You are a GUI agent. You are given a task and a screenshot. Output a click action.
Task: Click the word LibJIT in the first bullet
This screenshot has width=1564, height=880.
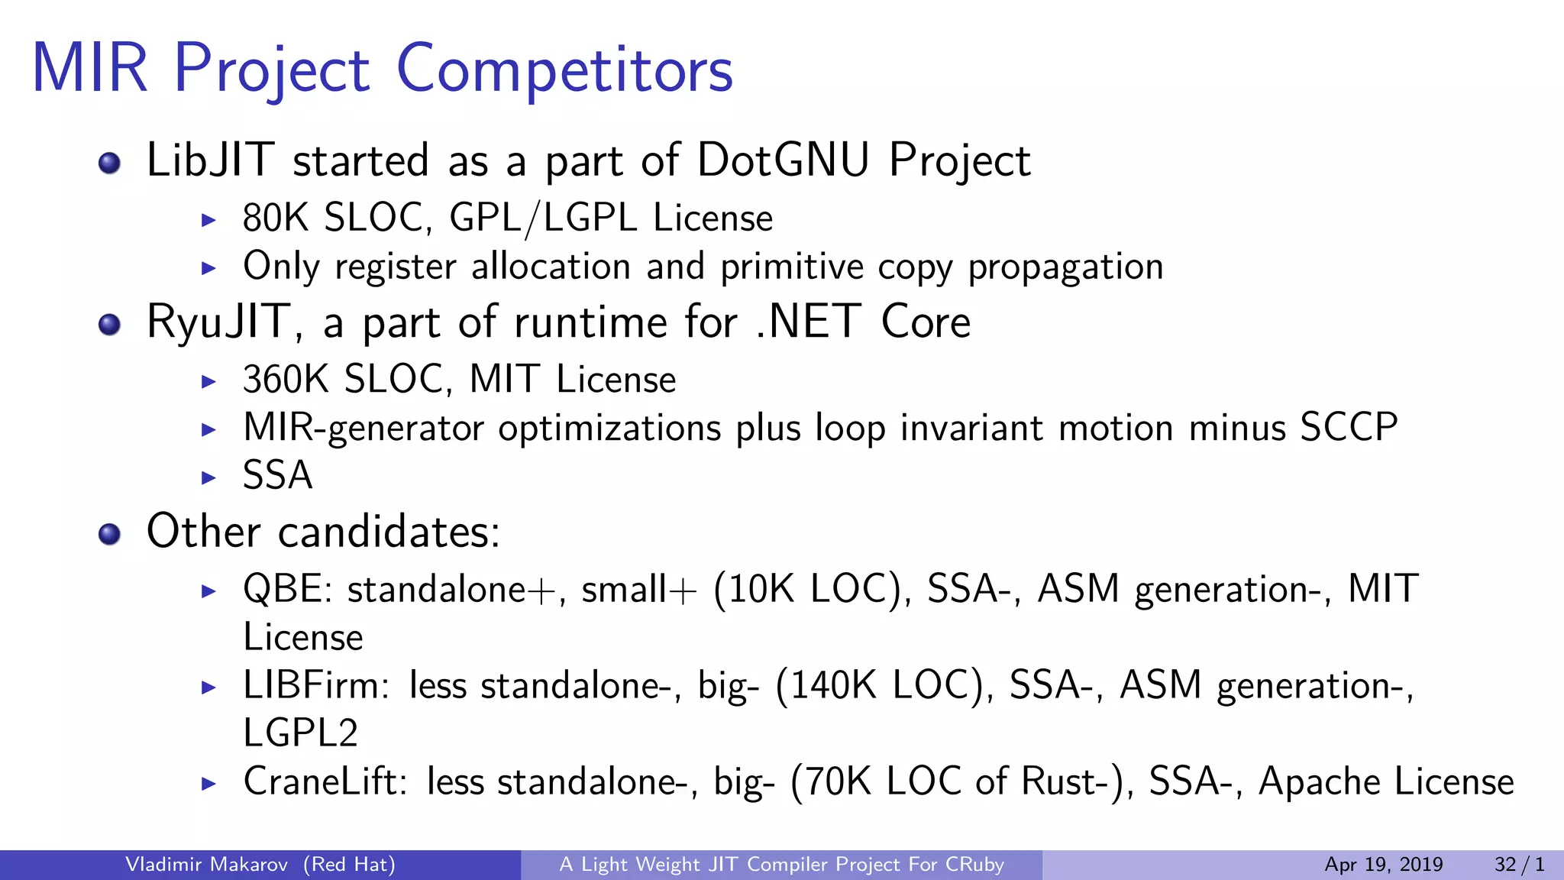tap(209, 160)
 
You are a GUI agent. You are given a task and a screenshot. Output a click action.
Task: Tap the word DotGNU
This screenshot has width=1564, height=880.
tap(783, 160)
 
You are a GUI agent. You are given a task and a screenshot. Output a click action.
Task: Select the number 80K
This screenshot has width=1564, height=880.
tap(275, 218)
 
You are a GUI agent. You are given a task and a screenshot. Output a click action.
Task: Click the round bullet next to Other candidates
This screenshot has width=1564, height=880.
tap(110, 534)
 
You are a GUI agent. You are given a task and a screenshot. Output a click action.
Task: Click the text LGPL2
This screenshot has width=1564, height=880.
tap(300, 733)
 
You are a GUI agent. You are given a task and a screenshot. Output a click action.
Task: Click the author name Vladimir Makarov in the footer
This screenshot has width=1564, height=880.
tap(206, 865)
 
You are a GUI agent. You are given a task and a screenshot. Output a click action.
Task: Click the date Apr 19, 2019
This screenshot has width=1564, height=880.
tap(1383, 865)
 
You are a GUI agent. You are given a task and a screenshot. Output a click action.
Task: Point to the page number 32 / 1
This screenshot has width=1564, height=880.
tap(1519, 865)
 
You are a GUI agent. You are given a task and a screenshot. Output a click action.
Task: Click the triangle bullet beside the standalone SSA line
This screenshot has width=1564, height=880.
tap(208, 478)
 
